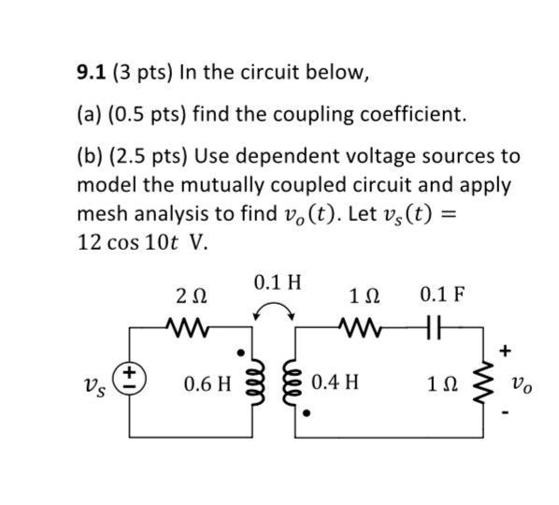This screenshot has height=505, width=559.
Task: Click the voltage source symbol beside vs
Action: click(129, 380)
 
